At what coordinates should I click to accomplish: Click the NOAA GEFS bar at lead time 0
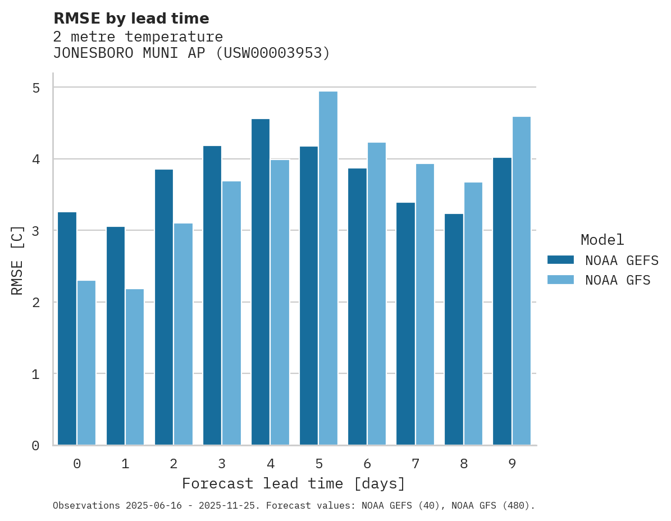tap(67, 328)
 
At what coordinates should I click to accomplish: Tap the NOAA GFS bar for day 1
tap(135, 367)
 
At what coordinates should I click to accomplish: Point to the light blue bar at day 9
tap(521, 281)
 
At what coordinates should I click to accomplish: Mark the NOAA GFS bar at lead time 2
tap(183, 334)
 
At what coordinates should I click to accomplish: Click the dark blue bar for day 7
tap(405, 324)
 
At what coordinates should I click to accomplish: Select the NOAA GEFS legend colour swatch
tap(560, 260)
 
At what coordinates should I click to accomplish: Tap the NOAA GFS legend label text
tap(618, 280)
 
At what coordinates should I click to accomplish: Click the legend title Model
tap(602, 240)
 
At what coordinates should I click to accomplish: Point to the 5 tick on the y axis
tap(36, 88)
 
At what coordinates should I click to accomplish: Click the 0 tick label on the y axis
tap(36, 446)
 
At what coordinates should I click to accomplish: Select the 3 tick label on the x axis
tap(222, 464)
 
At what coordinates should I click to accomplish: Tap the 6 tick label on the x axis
tap(367, 464)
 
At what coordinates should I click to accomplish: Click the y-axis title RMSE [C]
tap(18, 260)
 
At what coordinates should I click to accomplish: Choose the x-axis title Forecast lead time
tap(293, 483)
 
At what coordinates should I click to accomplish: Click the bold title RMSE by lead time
tap(131, 19)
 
